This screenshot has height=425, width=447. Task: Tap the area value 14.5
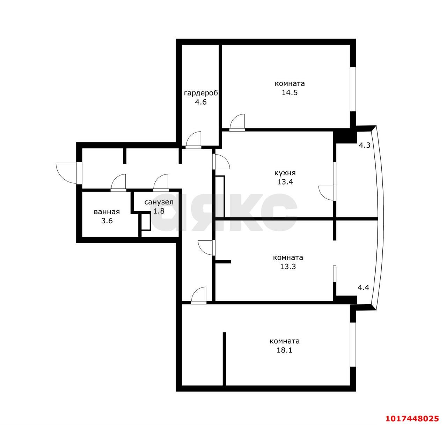(290, 92)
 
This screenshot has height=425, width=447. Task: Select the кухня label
(285, 173)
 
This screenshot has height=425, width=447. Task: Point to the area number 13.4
(285, 182)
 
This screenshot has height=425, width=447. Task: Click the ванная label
(107, 212)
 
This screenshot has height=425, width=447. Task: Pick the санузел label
(159, 202)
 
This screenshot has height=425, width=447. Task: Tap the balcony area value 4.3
(365, 145)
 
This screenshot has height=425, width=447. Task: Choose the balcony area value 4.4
(363, 288)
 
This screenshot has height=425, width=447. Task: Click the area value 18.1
(284, 350)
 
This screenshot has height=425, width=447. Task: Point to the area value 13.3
(288, 266)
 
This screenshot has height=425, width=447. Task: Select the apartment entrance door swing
(66, 173)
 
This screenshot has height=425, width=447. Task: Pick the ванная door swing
(118, 182)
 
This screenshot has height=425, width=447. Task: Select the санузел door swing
(161, 182)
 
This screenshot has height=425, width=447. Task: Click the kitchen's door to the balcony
(327, 193)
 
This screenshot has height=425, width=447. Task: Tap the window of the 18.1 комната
(353, 348)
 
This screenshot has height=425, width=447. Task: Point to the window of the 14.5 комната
(353, 89)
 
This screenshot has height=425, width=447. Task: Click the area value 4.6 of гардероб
(201, 102)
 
